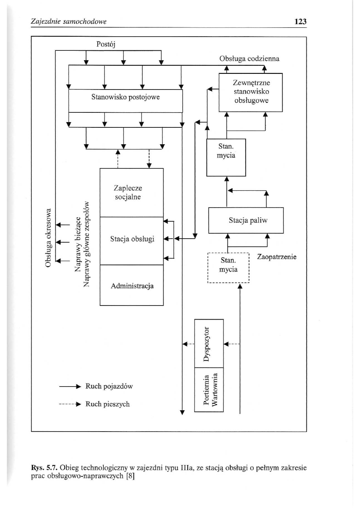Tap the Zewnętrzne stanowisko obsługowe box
coord(250,92)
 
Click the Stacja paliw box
coord(246,220)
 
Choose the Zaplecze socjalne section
coord(131,193)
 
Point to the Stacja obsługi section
coord(131,240)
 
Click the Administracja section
coord(131,286)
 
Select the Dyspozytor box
coord(209,343)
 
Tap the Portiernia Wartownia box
coord(209,390)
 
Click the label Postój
coord(106,44)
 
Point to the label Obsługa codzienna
coord(249,58)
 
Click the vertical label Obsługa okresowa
coord(48,237)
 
